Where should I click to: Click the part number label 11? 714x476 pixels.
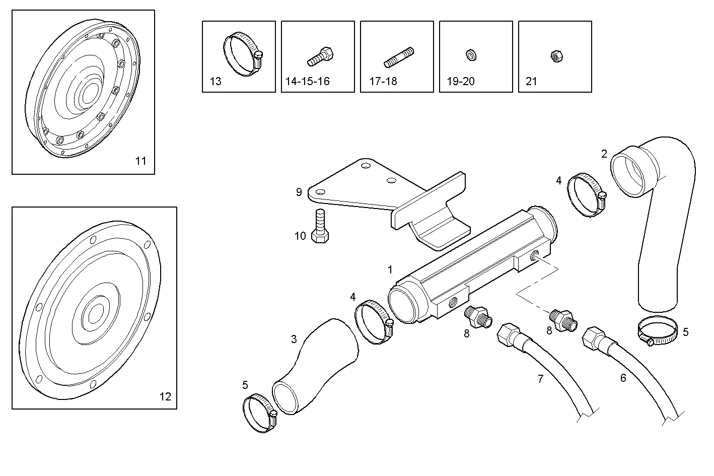click(140, 161)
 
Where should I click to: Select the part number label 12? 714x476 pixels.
click(165, 396)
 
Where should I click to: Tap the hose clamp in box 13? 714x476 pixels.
click(241, 54)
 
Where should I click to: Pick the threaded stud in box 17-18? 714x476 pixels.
click(398, 57)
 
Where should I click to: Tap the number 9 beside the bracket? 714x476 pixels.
click(299, 192)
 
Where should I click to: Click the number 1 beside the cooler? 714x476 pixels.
click(390, 270)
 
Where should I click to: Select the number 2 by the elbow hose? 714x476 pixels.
click(604, 154)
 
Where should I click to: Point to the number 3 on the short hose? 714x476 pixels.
click(294, 339)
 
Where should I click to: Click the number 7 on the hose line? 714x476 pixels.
click(541, 379)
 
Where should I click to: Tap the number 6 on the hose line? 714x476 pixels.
click(623, 378)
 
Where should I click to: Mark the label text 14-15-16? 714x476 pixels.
click(307, 81)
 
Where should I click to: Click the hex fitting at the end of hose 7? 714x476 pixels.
click(507, 334)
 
